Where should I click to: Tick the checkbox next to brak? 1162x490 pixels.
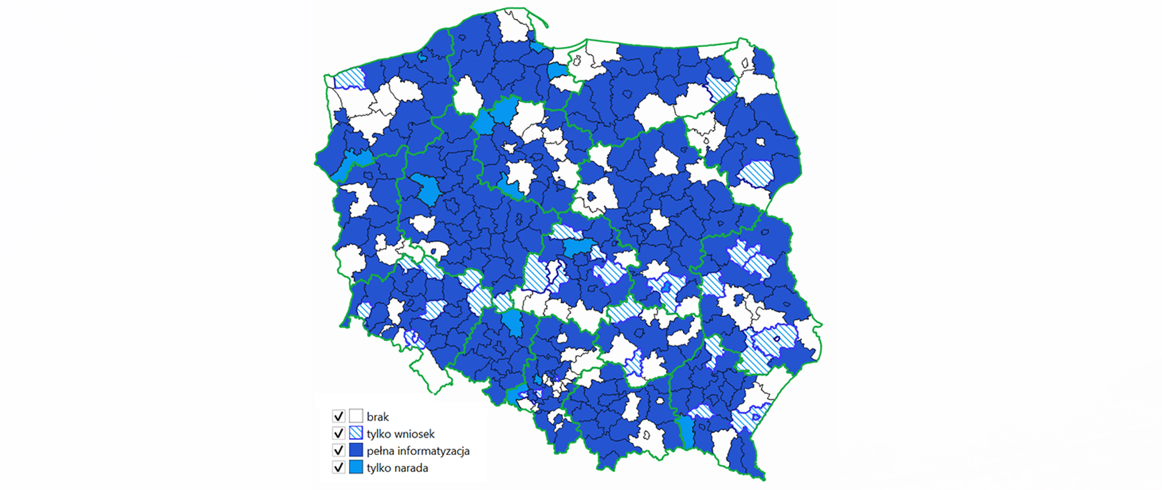click(x=338, y=416)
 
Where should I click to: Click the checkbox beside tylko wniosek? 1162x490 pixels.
click(x=338, y=433)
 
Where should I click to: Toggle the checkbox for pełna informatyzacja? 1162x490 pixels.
click(x=338, y=450)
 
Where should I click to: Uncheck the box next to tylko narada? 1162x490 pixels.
click(x=338, y=467)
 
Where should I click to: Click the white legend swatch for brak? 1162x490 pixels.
click(x=356, y=416)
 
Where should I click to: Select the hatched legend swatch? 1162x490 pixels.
click(x=356, y=433)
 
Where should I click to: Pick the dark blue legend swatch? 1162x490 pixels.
click(x=356, y=450)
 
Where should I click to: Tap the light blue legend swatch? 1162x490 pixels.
click(x=356, y=467)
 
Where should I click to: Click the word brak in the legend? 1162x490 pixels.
click(x=378, y=417)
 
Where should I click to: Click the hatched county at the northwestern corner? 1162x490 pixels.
click(x=350, y=79)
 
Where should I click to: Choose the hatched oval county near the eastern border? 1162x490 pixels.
click(x=757, y=173)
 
